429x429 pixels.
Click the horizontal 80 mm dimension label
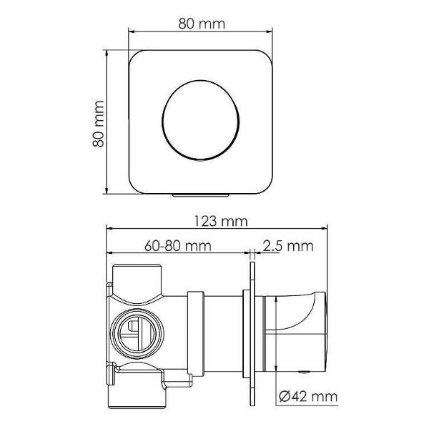click(x=202, y=24)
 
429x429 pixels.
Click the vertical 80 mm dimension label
click(x=98, y=124)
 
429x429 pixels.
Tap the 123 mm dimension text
click(x=221, y=222)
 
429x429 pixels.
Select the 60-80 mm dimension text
click(x=178, y=246)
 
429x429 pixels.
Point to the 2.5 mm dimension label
click(x=288, y=246)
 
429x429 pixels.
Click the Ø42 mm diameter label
click(x=308, y=396)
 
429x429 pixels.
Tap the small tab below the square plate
click(x=200, y=194)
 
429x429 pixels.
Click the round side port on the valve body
click(x=137, y=334)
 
